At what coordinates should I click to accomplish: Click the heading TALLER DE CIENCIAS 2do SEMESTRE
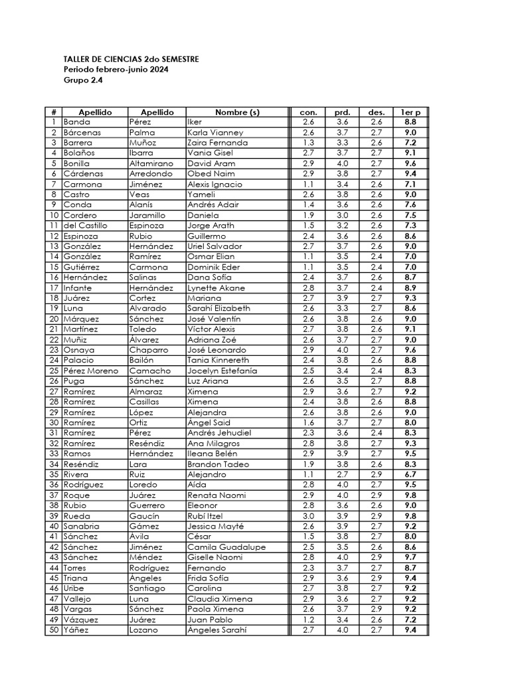point(131,59)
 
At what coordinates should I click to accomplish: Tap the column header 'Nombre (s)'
point(237,112)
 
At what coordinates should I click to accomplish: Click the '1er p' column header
point(410,112)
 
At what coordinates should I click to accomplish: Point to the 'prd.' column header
point(343,112)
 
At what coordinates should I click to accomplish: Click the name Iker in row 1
point(195,122)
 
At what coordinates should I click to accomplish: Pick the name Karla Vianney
point(215,132)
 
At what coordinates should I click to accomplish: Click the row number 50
point(53,630)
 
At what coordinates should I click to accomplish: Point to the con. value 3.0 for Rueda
point(308,516)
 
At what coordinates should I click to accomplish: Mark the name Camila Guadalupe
point(226,547)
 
